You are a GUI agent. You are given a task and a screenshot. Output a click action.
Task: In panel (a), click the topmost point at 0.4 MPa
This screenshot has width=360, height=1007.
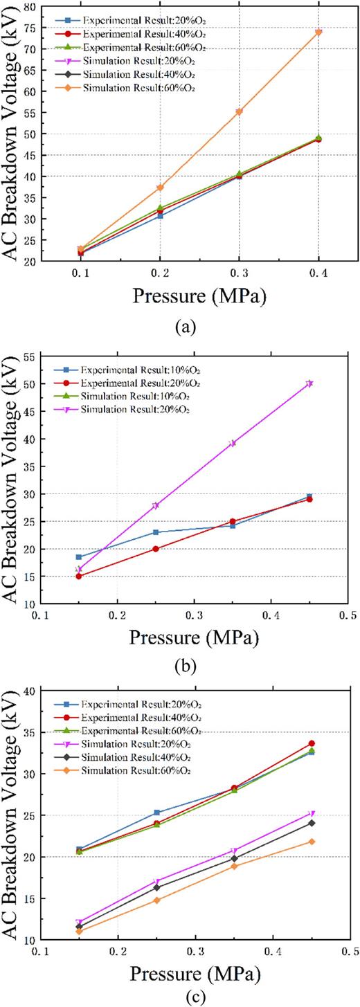pos(318,33)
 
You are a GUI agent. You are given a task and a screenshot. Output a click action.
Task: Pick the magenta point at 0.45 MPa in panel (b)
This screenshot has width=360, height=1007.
pos(309,383)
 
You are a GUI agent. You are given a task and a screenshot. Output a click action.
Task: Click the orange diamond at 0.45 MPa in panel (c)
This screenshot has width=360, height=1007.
pos(312,842)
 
